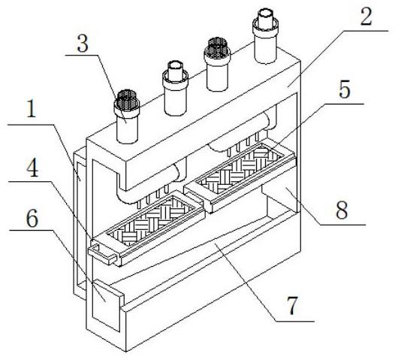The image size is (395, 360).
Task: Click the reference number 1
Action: [32, 110]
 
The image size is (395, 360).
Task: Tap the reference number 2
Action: [366, 17]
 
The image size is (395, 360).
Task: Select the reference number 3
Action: [83, 44]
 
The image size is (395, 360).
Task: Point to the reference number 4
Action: [33, 168]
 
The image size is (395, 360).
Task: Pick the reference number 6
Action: [32, 219]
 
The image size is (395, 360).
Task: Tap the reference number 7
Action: [292, 306]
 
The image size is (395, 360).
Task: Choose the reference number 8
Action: [342, 210]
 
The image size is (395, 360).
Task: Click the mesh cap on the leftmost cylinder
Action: [127, 101]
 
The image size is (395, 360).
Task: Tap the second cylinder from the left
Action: [175, 88]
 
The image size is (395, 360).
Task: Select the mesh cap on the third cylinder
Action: [217, 48]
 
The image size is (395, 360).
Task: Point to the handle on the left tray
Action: [102, 252]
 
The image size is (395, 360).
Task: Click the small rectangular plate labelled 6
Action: [106, 306]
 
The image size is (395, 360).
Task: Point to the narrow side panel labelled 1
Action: [80, 225]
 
